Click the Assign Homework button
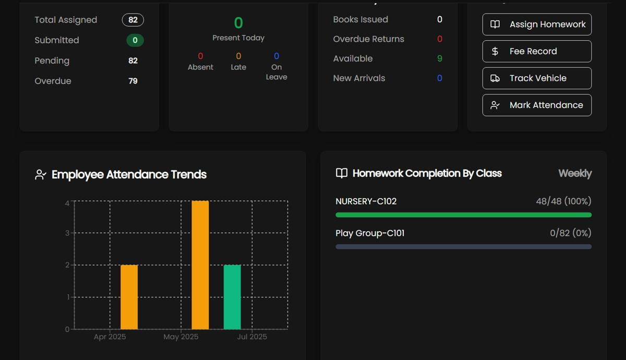point(537,25)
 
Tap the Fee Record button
point(537,51)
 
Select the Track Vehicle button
point(537,78)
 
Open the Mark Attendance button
point(537,105)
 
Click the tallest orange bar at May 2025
point(200,265)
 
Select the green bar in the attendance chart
point(232,297)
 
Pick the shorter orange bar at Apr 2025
point(129,297)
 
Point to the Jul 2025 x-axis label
point(252,337)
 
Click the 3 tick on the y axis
point(67,233)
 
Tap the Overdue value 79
point(133,81)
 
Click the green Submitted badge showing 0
point(135,40)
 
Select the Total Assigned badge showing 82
point(133,20)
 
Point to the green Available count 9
point(439,58)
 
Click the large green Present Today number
point(238,23)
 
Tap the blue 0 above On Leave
point(276,56)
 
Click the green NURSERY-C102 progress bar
point(463,215)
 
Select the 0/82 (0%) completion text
point(570,233)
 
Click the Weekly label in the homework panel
point(575,173)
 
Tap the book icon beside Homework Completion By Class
point(342,173)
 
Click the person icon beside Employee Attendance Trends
point(41,175)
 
